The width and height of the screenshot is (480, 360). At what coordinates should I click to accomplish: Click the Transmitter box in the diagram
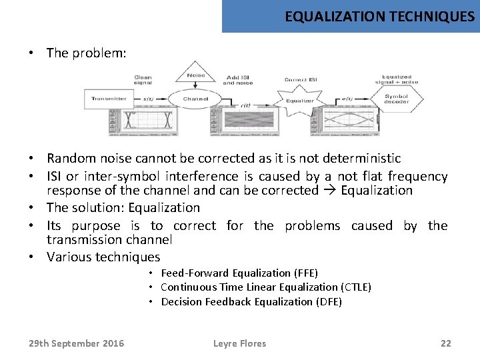(108, 99)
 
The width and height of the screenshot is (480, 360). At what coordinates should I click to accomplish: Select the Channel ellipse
(195, 99)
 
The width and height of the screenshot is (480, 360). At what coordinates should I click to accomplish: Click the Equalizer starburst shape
(299, 101)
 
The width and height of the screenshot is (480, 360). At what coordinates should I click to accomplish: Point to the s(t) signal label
(148, 99)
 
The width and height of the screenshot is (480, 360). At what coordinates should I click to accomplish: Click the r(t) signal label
(245, 105)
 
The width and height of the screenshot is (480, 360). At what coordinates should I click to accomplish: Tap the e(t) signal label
(347, 99)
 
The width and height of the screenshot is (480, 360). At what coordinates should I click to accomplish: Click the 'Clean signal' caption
(143, 80)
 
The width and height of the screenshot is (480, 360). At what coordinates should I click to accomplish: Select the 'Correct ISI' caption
(301, 79)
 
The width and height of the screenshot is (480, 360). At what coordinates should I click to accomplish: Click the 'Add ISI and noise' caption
(238, 80)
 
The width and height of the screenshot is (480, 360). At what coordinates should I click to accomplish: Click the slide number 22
(446, 343)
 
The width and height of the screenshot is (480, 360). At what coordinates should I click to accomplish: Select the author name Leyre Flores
(239, 343)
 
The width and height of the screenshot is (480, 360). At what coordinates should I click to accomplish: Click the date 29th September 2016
(76, 343)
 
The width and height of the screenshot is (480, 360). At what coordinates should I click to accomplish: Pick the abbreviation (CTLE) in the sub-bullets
(355, 287)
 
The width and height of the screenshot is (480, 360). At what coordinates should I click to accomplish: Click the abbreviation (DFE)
(327, 302)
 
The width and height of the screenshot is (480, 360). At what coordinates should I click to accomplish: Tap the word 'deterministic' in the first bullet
(361, 159)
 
